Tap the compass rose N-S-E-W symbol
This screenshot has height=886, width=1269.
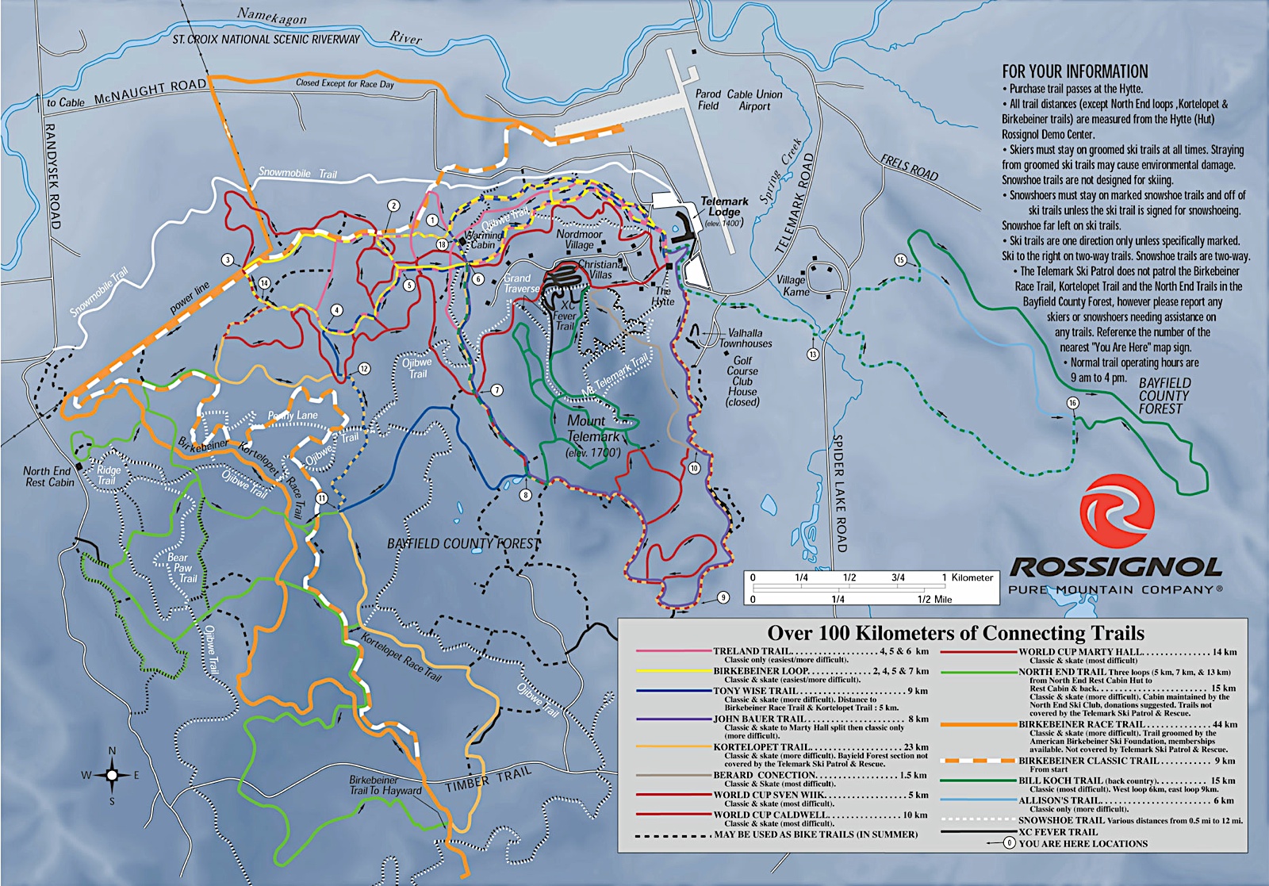point(112,775)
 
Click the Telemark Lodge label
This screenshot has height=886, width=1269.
point(723,207)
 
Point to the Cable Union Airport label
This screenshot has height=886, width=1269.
point(754,100)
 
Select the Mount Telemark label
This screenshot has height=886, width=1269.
point(592,429)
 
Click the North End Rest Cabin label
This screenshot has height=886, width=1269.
point(48,477)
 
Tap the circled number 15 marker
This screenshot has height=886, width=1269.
point(900,260)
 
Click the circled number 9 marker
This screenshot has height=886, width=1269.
point(723,597)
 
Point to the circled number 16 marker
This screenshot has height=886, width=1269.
point(1072,403)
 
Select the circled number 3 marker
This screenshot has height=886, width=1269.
point(228,260)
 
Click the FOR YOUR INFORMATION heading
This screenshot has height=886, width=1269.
point(1075,71)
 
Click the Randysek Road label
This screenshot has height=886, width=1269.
point(52,176)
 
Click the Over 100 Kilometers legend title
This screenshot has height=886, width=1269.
point(955,633)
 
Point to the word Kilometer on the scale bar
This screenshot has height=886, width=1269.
point(972,577)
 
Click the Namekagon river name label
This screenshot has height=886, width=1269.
point(271,17)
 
